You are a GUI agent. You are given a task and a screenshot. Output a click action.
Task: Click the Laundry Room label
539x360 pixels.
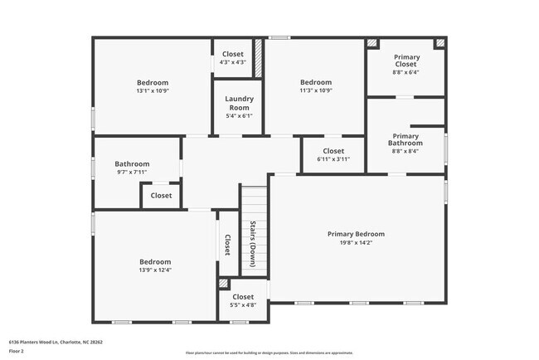coord(239,103)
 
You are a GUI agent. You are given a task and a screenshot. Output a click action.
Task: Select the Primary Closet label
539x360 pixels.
coord(406,61)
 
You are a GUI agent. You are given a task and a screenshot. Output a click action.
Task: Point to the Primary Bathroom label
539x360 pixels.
coord(405,139)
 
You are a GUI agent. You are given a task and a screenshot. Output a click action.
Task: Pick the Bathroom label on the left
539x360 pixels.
coord(133,164)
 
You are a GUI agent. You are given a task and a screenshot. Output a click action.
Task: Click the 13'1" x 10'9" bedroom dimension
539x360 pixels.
coord(153,92)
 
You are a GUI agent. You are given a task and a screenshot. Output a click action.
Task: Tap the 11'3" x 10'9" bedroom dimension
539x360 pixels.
coord(316,92)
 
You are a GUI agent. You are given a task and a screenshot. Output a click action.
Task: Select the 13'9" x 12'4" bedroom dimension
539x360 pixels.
coord(155,270)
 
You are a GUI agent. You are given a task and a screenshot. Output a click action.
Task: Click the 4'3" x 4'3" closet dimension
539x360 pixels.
coord(233,63)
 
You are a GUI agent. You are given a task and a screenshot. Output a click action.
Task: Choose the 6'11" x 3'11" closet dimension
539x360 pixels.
coord(333,160)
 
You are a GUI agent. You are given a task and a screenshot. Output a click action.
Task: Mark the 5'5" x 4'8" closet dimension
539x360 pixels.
coord(243,306)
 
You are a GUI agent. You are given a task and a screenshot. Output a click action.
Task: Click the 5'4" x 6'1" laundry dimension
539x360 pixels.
coord(239,116)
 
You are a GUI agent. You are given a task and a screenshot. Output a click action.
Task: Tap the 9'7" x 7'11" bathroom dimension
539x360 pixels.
coord(133,173)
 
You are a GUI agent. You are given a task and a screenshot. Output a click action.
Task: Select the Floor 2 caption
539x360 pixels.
coord(17,351)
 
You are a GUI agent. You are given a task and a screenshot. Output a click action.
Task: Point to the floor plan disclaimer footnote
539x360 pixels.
coord(269,353)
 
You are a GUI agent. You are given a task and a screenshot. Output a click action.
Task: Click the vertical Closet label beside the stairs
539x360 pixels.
coord(227,244)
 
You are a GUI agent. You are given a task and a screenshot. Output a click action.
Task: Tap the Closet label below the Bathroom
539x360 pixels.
coord(161,196)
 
